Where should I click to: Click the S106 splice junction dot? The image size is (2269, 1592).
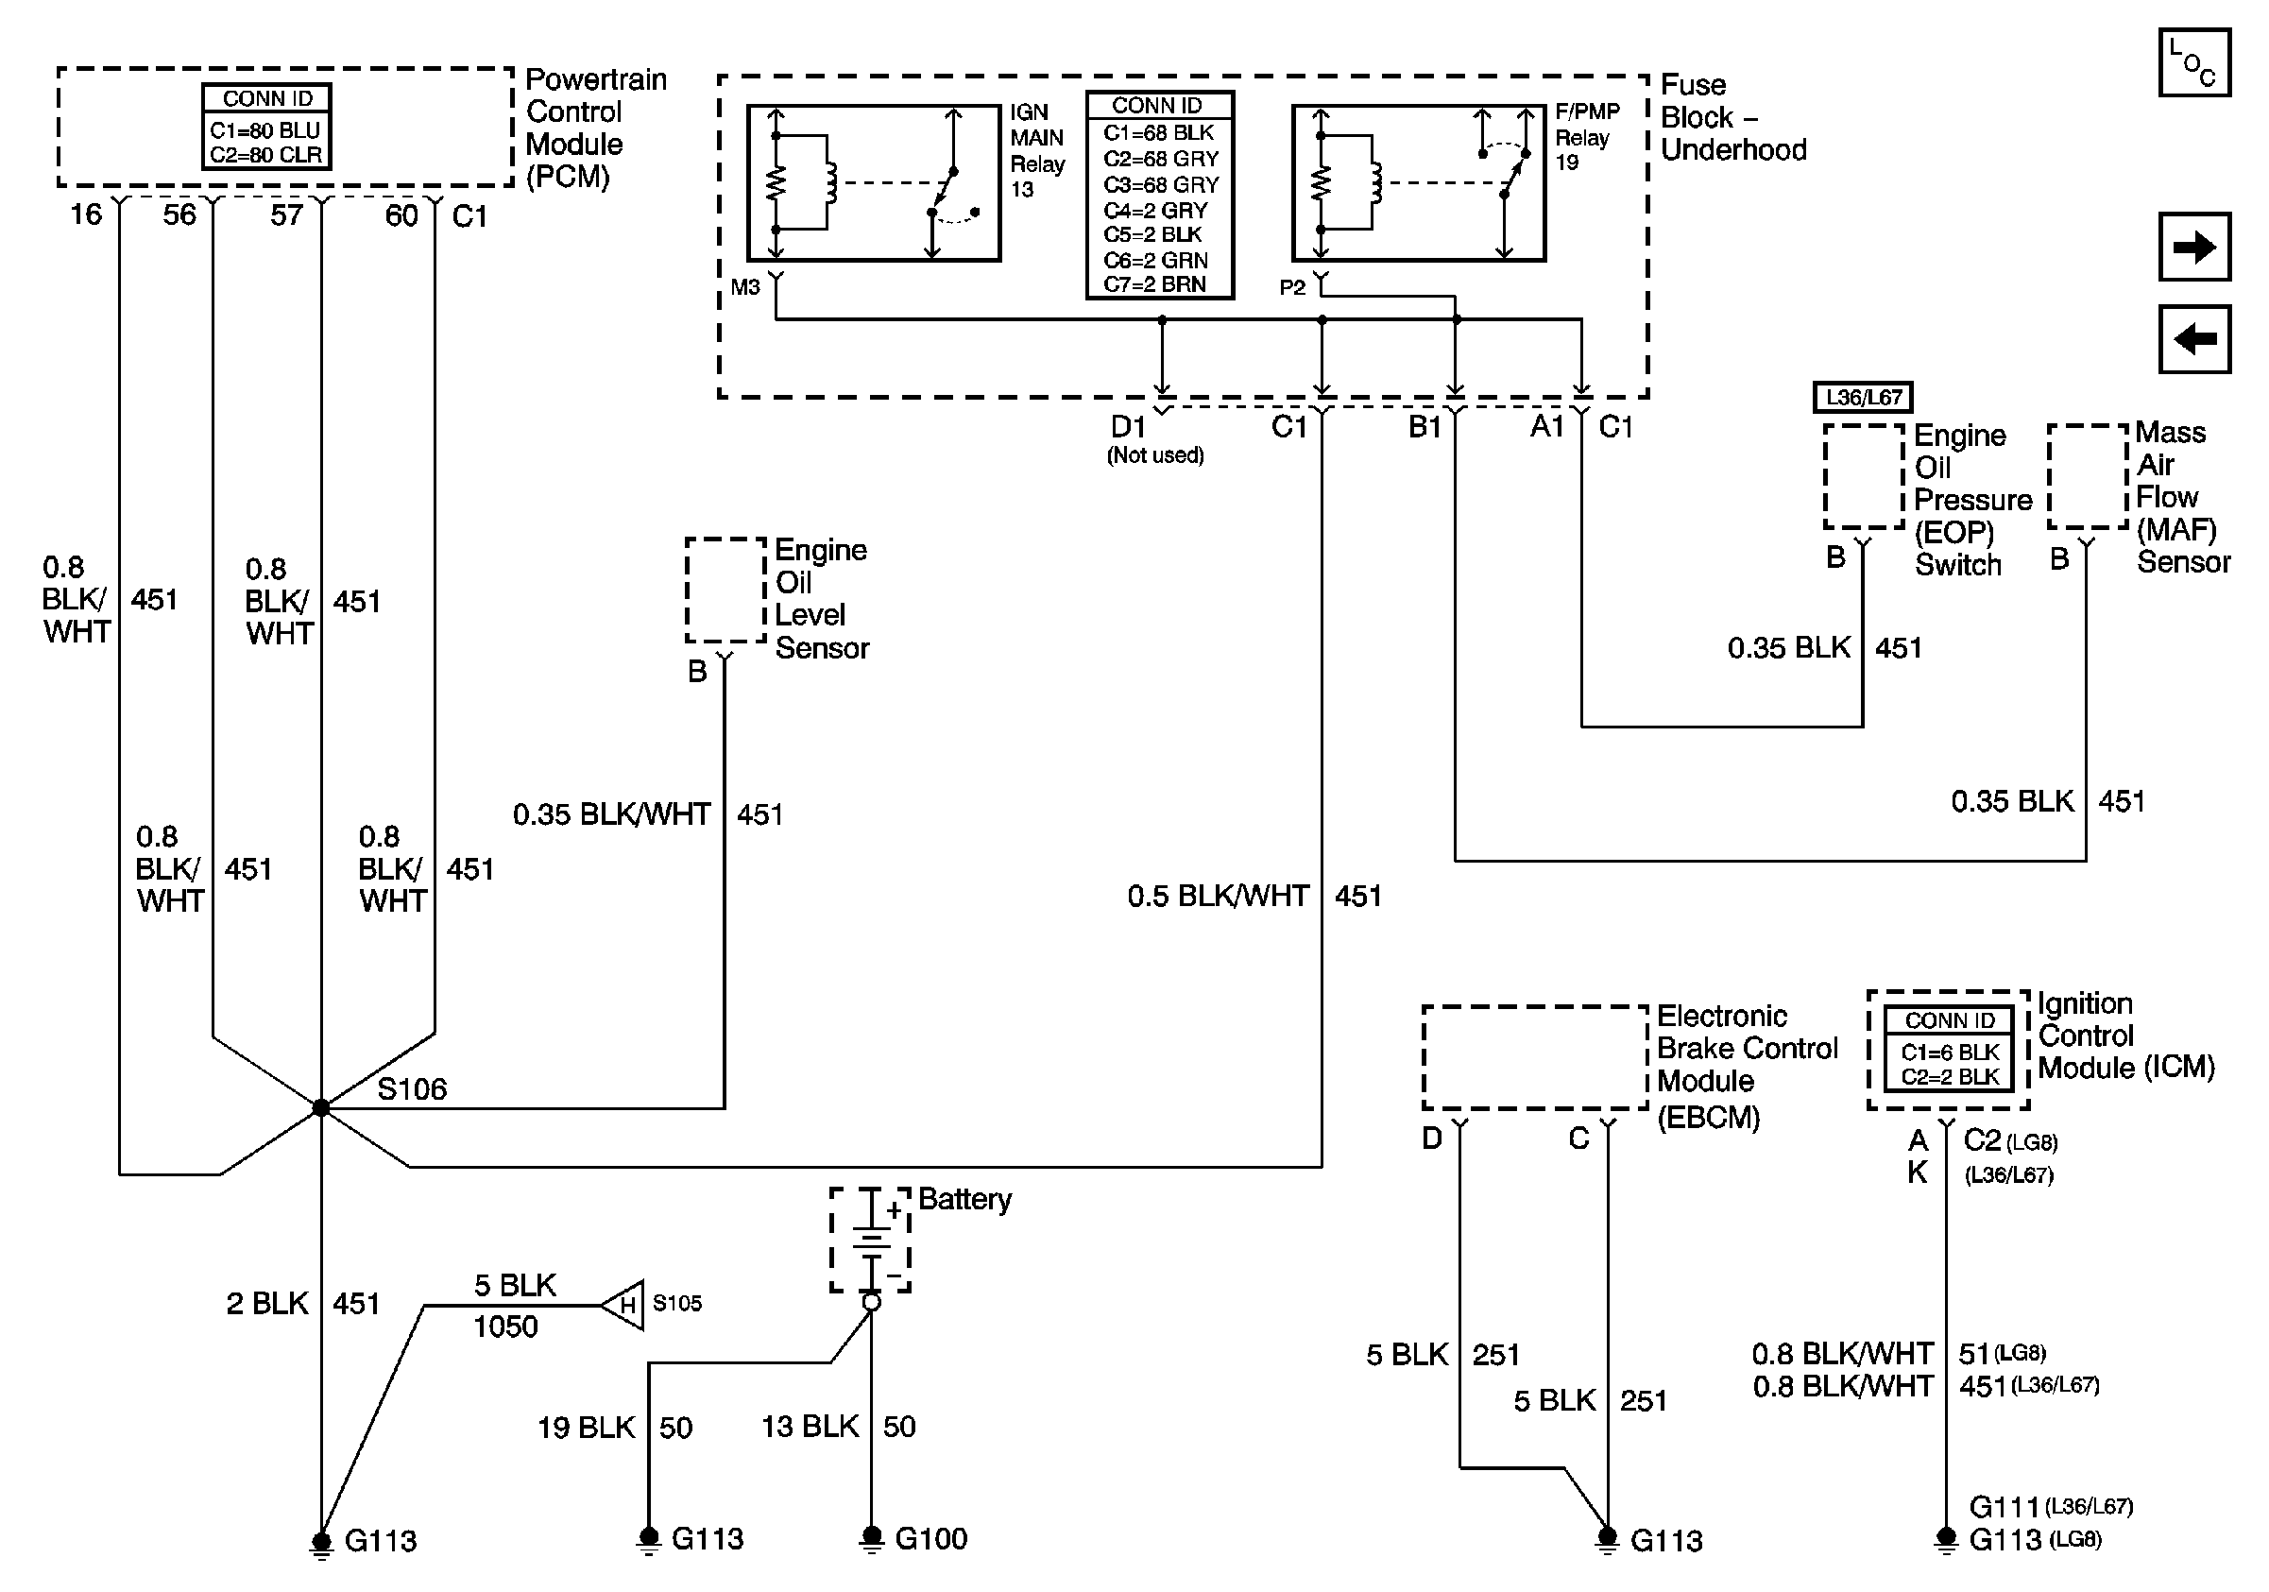click(x=321, y=1107)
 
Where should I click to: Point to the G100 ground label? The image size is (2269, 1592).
click(x=930, y=1539)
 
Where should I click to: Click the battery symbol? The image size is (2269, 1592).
click(x=870, y=1241)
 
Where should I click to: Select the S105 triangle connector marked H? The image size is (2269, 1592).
click(x=623, y=1305)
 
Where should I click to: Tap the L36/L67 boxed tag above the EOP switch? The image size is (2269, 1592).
click(x=1863, y=397)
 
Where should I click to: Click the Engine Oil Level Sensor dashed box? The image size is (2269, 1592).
click(x=726, y=590)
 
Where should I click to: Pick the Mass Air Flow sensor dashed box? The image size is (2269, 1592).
click(x=2088, y=476)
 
